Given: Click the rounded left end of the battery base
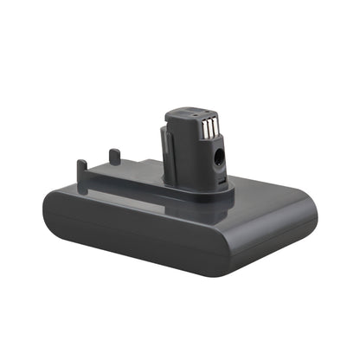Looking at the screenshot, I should [54, 216].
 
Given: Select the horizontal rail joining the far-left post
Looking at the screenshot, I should [121, 178].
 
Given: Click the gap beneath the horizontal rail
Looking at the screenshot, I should [121, 184].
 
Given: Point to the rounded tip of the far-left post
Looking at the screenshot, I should [81, 162].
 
